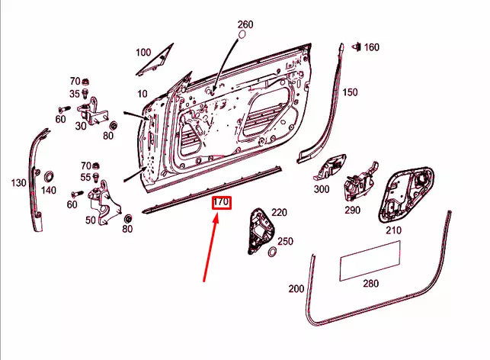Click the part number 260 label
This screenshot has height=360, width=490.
tap(245, 24)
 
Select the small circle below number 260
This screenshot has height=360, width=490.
tap(244, 35)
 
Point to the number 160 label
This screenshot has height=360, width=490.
tap(371, 47)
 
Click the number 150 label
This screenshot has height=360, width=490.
tap(349, 92)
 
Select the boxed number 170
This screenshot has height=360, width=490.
tap(221, 203)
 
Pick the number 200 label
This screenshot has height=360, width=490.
tap(296, 289)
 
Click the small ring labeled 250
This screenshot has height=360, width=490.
tap(271, 252)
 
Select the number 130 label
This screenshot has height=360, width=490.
tap(18, 183)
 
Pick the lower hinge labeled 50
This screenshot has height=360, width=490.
tap(104, 201)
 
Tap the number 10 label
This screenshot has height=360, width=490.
tap(142, 94)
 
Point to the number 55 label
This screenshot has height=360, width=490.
tap(75, 177)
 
